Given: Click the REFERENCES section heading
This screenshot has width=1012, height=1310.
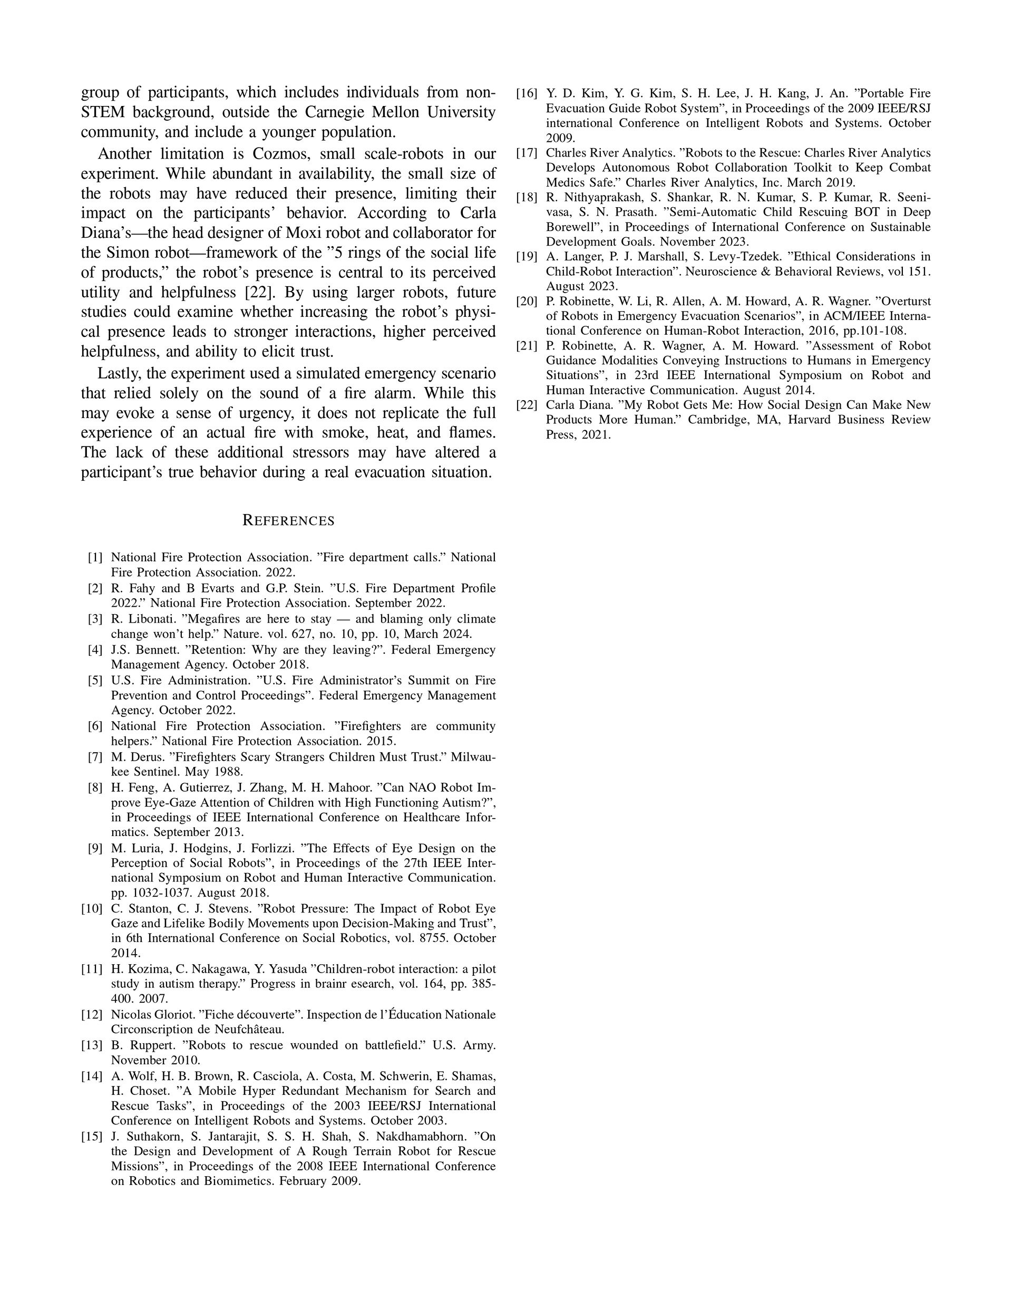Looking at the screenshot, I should point(288,521).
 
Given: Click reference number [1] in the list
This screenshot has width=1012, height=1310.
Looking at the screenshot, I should point(95,557).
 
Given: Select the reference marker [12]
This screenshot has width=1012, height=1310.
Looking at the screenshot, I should point(92,1015).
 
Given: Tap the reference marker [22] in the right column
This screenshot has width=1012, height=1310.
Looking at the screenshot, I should point(527,405).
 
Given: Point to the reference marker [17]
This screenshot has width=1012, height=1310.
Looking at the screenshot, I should point(527,153).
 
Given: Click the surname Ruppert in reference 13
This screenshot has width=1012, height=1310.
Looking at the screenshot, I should point(142,1045).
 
